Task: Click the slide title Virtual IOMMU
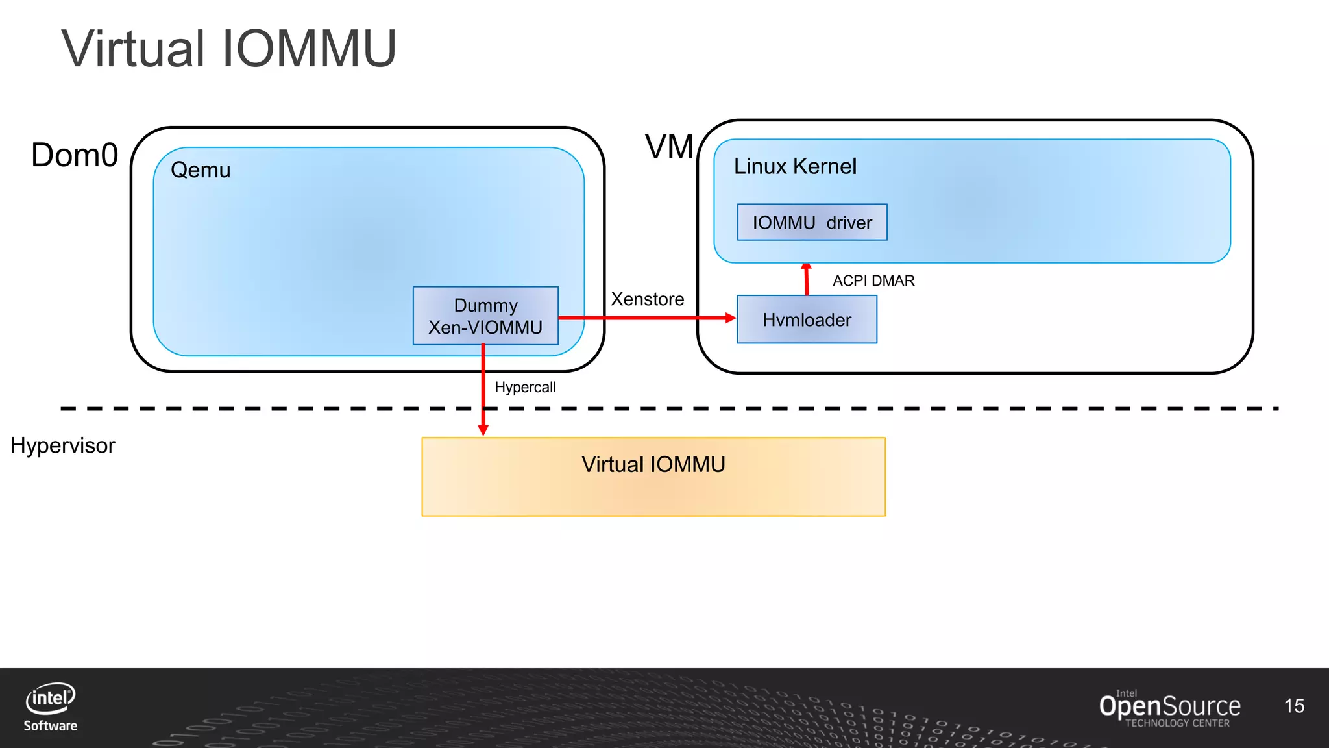tap(228, 49)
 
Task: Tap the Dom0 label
tap(75, 156)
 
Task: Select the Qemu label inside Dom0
tap(201, 170)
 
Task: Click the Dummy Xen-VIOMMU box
tap(485, 316)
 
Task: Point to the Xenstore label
tap(647, 299)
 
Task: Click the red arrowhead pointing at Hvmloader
tap(730, 318)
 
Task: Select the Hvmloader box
tap(807, 320)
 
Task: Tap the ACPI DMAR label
tap(873, 280)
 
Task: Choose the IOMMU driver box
tap(812, 223)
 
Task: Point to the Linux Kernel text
tap(795, 167)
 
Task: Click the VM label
tap(669, 147)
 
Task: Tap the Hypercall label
tap(525, 388)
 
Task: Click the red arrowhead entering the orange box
tap(483, 430)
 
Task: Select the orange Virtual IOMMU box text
tap(653, 465)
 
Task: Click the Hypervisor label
tap(63, 446)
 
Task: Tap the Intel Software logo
tap(51, 707)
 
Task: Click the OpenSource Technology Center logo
tap(1169, 708)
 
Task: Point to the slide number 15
tap(1294, 706)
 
